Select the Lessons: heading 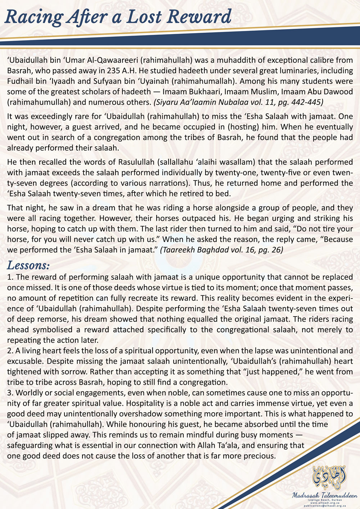pyautogui.click(x=28, y=265)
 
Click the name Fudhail pyautogui.click(x=19, y=81)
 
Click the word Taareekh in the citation pyautogui.click(x=180, y=250)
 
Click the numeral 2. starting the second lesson pyautogui.click(x=10, y=350)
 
